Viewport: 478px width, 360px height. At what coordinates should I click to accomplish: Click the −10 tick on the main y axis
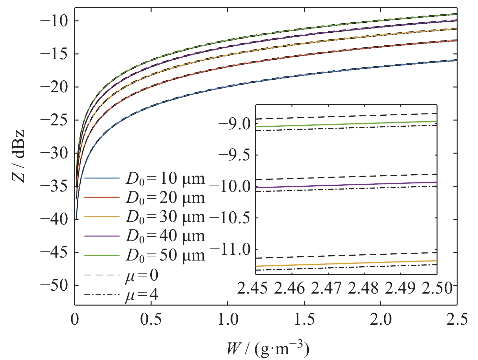pyautogui.click(x=54, y=21)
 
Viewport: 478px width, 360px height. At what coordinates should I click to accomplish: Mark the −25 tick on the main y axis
pyautogui.click(x=54, y=120)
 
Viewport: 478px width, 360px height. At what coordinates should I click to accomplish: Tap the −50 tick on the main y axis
pyautogui.click(x=54, y=285)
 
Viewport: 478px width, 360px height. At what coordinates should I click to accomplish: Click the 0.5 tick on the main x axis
pyautogui.click(x=151, y=319)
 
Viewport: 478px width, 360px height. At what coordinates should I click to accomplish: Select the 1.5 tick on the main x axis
pyautogui.click(x=304, y=319)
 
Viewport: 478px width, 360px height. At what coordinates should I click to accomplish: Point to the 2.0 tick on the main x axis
pyautogui.click(x=381, y=319)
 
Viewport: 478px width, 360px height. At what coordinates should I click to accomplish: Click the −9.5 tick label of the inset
pyautogui.click(x=235, y=155)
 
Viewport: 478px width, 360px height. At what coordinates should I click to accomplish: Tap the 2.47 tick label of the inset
pyautogui.click(x=326, y=288)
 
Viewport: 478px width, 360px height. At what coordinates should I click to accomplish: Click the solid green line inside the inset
pyautogui.click(x=347, y=124)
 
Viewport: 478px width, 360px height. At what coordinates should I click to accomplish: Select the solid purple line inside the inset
pyautogui.click(x=347, y=185)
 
